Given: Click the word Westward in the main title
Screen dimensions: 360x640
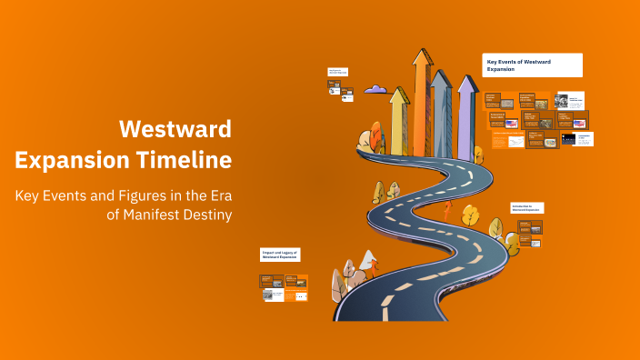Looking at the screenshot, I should tap(175, 128).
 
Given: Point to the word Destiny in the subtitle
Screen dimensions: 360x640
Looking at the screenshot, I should tap(206, 215).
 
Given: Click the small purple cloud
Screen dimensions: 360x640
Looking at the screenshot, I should tap(376, 89).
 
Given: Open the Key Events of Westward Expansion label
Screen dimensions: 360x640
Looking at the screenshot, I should tap(532, 65).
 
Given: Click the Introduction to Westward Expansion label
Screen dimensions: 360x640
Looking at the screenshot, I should tap(527, 208).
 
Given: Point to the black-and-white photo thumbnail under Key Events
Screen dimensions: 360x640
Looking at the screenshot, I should tap(562, 101).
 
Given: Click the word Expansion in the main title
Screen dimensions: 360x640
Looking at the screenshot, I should tap(65, 161).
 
